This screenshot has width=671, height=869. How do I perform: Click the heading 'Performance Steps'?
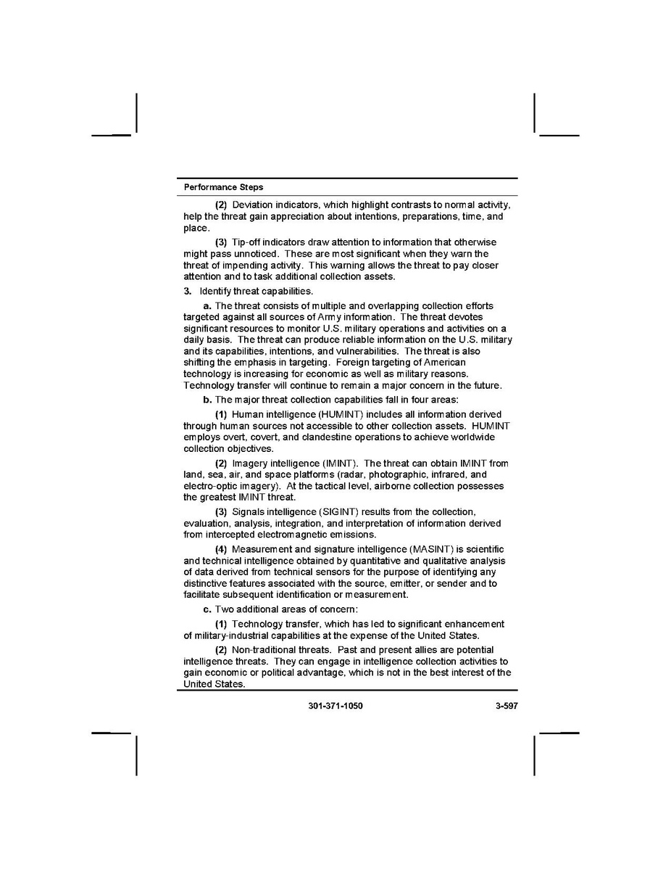[x=223, y=187]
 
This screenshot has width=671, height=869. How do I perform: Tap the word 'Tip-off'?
[x=247, y=242]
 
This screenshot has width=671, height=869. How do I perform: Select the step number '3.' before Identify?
[x=188, y=292]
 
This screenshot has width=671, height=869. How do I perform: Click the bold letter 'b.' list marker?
[x=207, y=400]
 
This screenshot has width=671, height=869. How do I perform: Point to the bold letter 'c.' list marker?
[x=207, y=609]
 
